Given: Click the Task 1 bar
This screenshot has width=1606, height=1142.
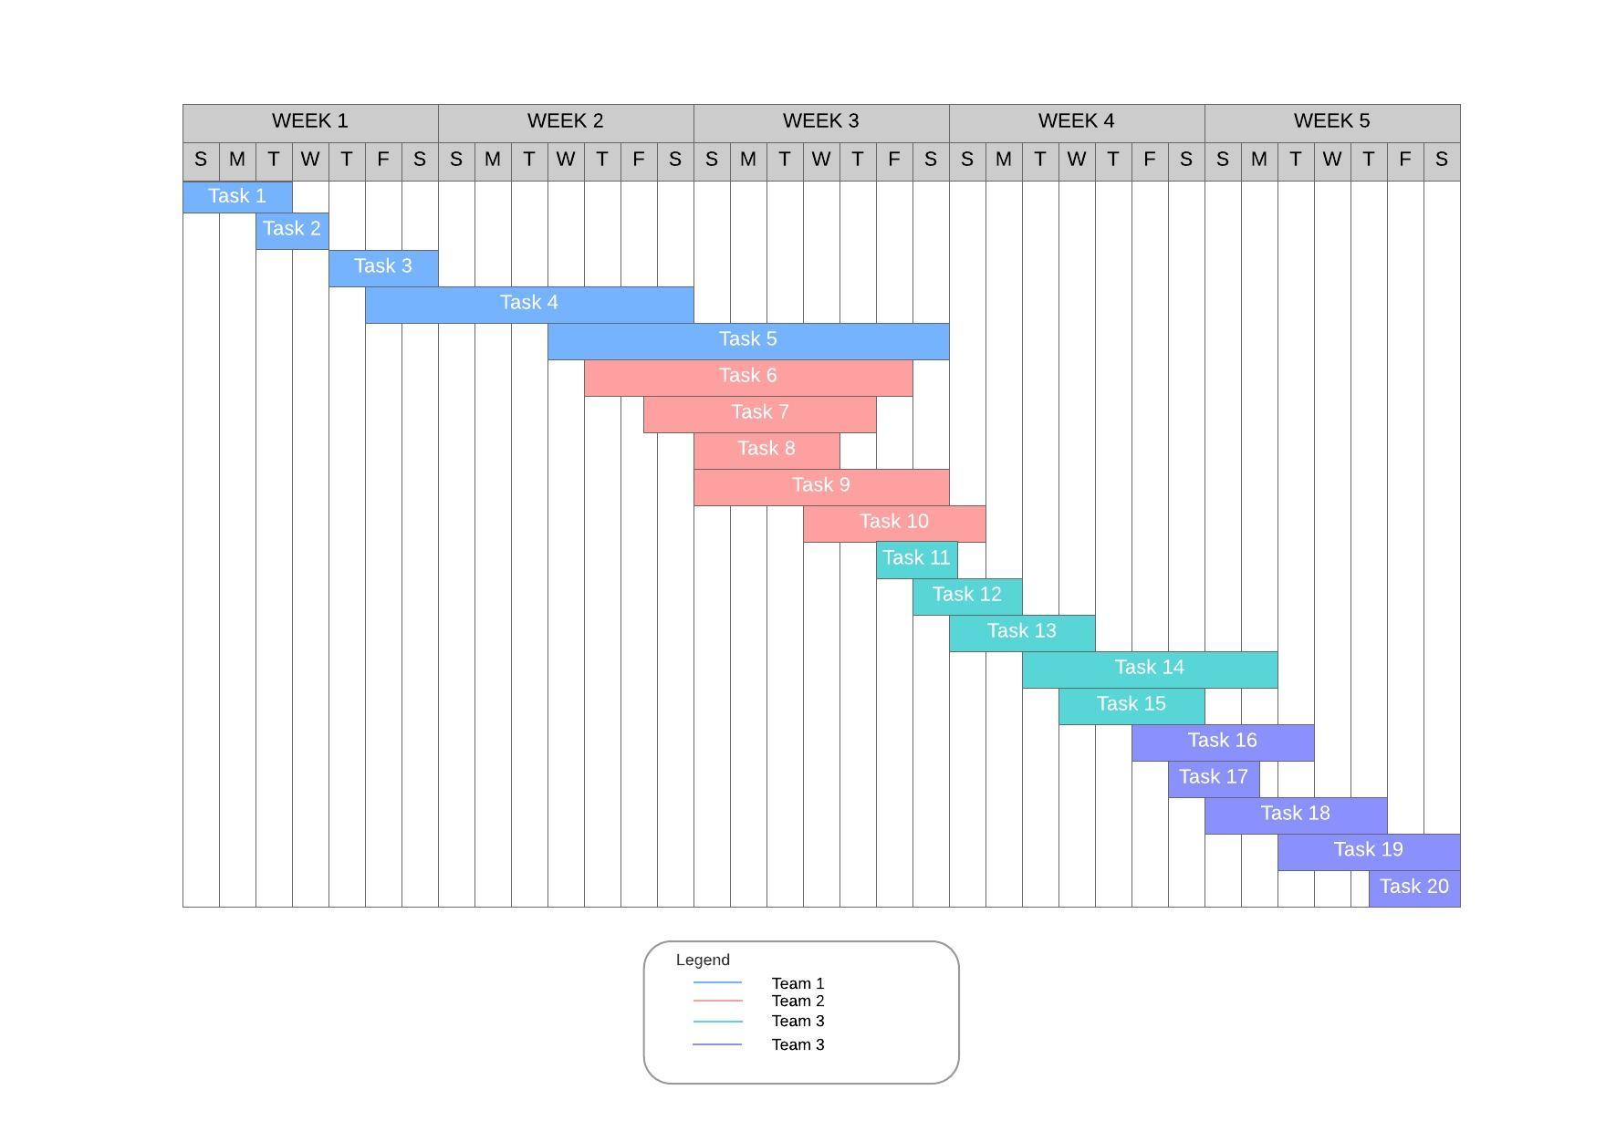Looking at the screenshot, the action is coord(237,196).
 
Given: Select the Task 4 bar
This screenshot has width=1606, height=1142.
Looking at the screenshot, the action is coord(529,305).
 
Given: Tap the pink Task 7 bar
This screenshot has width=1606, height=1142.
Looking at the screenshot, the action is coord(759,414).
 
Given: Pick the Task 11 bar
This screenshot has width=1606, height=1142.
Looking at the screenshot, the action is coord(916,560).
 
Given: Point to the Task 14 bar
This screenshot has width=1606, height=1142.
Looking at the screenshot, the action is coord(1150,670).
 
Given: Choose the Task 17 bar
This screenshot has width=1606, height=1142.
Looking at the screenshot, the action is coord(1214,779).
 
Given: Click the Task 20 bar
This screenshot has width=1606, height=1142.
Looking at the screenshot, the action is coord(1414,888).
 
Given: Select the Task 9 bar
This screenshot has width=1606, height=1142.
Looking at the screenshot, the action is coord(821,487).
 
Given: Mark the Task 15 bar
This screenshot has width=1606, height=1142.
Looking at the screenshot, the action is coord(1131,706).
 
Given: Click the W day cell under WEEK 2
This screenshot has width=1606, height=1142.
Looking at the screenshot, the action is coord(566,161).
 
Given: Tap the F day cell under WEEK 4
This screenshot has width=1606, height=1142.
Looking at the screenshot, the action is coord(1150,161).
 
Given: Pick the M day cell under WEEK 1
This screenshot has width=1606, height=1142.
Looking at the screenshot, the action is coord(237,161).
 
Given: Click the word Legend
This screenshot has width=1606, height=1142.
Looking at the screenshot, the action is coord(703,960).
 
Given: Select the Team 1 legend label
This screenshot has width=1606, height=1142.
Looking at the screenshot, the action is coord(798,983).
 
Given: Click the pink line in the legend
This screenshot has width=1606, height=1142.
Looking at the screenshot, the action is coord(718,1002).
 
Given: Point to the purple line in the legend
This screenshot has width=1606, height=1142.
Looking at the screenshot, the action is coord(717,1044).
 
